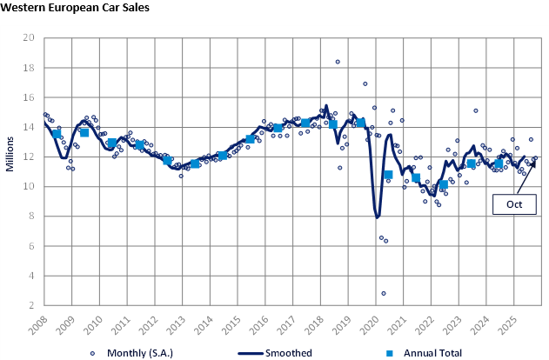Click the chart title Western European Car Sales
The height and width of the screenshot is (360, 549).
click(x=75, y=8)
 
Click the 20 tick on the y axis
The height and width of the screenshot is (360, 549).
click(x=29, y=38)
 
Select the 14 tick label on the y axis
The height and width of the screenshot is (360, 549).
click(x=29, y=127)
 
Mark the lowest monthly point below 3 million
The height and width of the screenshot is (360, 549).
click(x=383, y=293)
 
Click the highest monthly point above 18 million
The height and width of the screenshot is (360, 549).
click(x=338, y=61)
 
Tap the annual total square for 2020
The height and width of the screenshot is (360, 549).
click(x=388, y=175)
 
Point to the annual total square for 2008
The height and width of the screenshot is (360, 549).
click(x=57, y=134)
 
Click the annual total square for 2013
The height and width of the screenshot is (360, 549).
click(x=195, y=163)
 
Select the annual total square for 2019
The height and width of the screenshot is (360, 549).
click(x=360, y=123)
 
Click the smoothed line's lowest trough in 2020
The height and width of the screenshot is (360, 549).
click(x=377, y=217)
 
